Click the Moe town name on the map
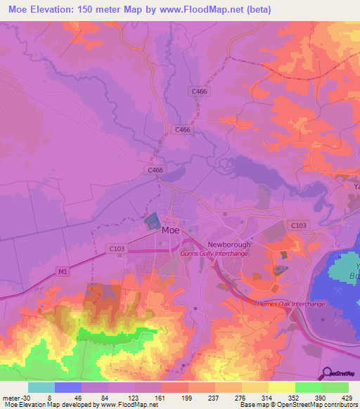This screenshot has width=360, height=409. pyautogui.click(x=170, y=230)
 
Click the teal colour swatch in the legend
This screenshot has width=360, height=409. pyautogui.click(x=41, y=387)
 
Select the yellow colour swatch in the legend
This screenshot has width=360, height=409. pyautogui.click(x=281, y=387)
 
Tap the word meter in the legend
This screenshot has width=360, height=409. pyautogui.click(x=9, y=397)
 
